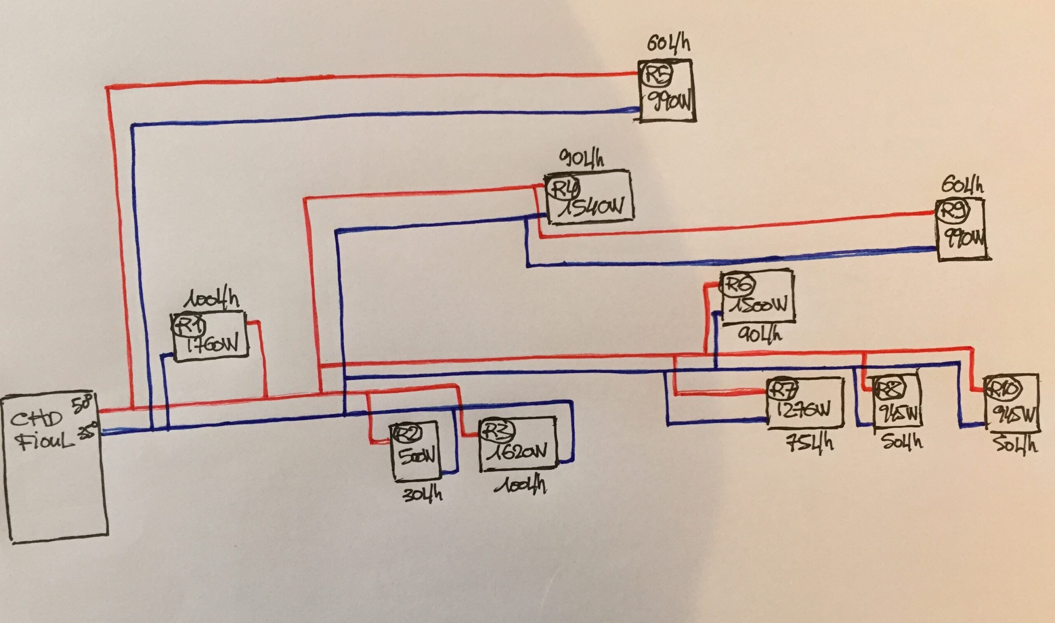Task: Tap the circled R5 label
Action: [x=658, y=75]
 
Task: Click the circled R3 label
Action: [x=495, y=429]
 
